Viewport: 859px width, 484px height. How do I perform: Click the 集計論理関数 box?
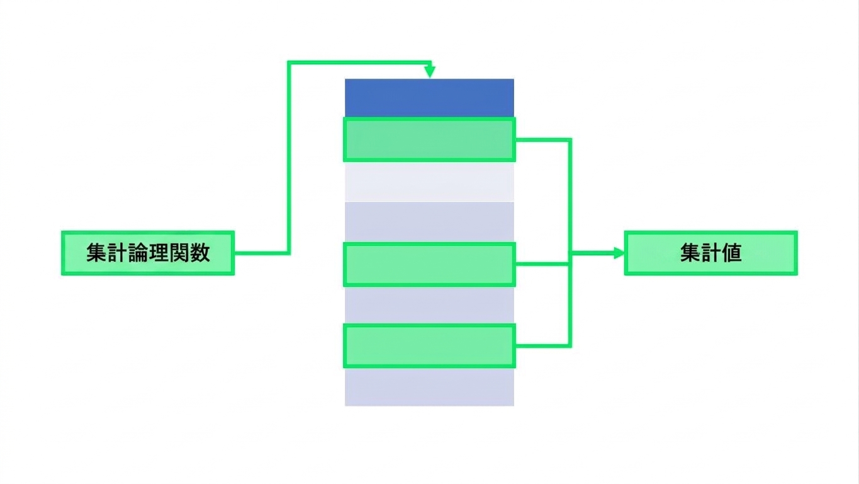pyautogui.click(x=148, y=253)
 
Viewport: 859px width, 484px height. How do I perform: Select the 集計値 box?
pyautogui.click(x=711, y=253)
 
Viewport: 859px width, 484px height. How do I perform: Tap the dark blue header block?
pyautogui.click(x=429, y=98)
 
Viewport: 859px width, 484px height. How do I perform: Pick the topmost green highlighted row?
pyautogui.click(x=429, y=140)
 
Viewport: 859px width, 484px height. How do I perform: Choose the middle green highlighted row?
pyautogui.click(x=429, y=264)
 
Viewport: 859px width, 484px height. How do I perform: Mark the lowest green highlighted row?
pyautogui.click(x=429, y=346)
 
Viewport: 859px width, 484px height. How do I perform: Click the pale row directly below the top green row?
pyautogui.click(x=429, y=181)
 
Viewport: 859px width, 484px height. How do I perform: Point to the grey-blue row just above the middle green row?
pyautogui.click(x=429, y=222)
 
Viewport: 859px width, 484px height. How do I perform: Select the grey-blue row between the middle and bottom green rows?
pyautogui.click(x=429, y=306)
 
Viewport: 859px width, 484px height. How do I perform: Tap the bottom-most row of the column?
pyautogui.click(x=429, y=387)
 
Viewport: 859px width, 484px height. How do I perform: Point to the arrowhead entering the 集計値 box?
pyautogui.click(x=619, y=253)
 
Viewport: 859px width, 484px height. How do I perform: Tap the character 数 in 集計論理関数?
pyautogui.click(x=199, y=253)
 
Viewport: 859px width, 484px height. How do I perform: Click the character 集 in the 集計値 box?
pyautogui.click(x=690, y=253)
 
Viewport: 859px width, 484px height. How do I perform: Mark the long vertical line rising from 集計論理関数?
pyautogui.click(x=289, y=158)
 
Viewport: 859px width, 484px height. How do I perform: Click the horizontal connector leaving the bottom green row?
pyautogui.click(x=543, y=346)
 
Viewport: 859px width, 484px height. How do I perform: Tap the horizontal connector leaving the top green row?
pyautogui.click(x=543, y=140)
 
